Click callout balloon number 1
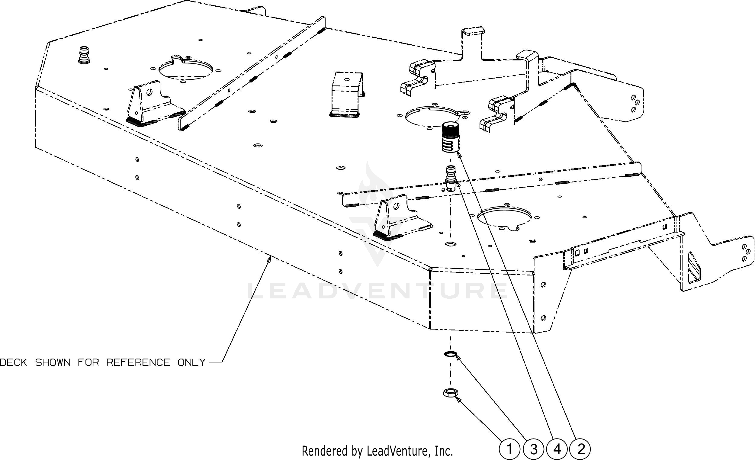(509, 449)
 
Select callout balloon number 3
(534, 449)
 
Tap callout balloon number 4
(557, 449)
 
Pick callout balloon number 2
(581, 449)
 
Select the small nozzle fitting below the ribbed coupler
(450, 178)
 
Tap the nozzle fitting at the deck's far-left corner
(84, 55)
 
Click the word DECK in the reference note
(13, 362)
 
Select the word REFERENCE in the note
(138, 362)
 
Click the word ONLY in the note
(191, 362)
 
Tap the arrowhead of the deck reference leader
(270, 259)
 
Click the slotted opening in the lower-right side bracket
(694, 272)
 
